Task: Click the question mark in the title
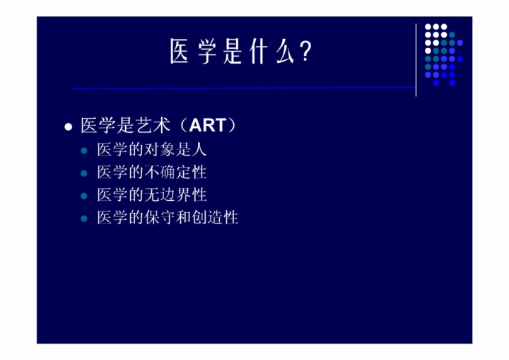(306, 52)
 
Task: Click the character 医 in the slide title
(179, 52)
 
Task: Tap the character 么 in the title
(285, 52)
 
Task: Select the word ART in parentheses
(208, 125)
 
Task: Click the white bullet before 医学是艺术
(68, 127)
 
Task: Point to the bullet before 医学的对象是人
(83, 151)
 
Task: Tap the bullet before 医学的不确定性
(83, 173)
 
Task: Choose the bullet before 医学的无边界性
(83, 196)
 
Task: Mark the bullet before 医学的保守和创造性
(83, 219)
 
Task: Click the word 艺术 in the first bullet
(153, 125)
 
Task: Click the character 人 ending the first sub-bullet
(199, 150)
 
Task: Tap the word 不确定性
(175, 172)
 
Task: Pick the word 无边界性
(175, 195)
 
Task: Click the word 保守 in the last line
(160, 217)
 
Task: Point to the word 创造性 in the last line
(215, 217)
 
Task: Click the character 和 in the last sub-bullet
(183, 217)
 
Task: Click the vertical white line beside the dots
(416, 60)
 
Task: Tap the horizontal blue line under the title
(244, 88)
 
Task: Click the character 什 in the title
(259, 52)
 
